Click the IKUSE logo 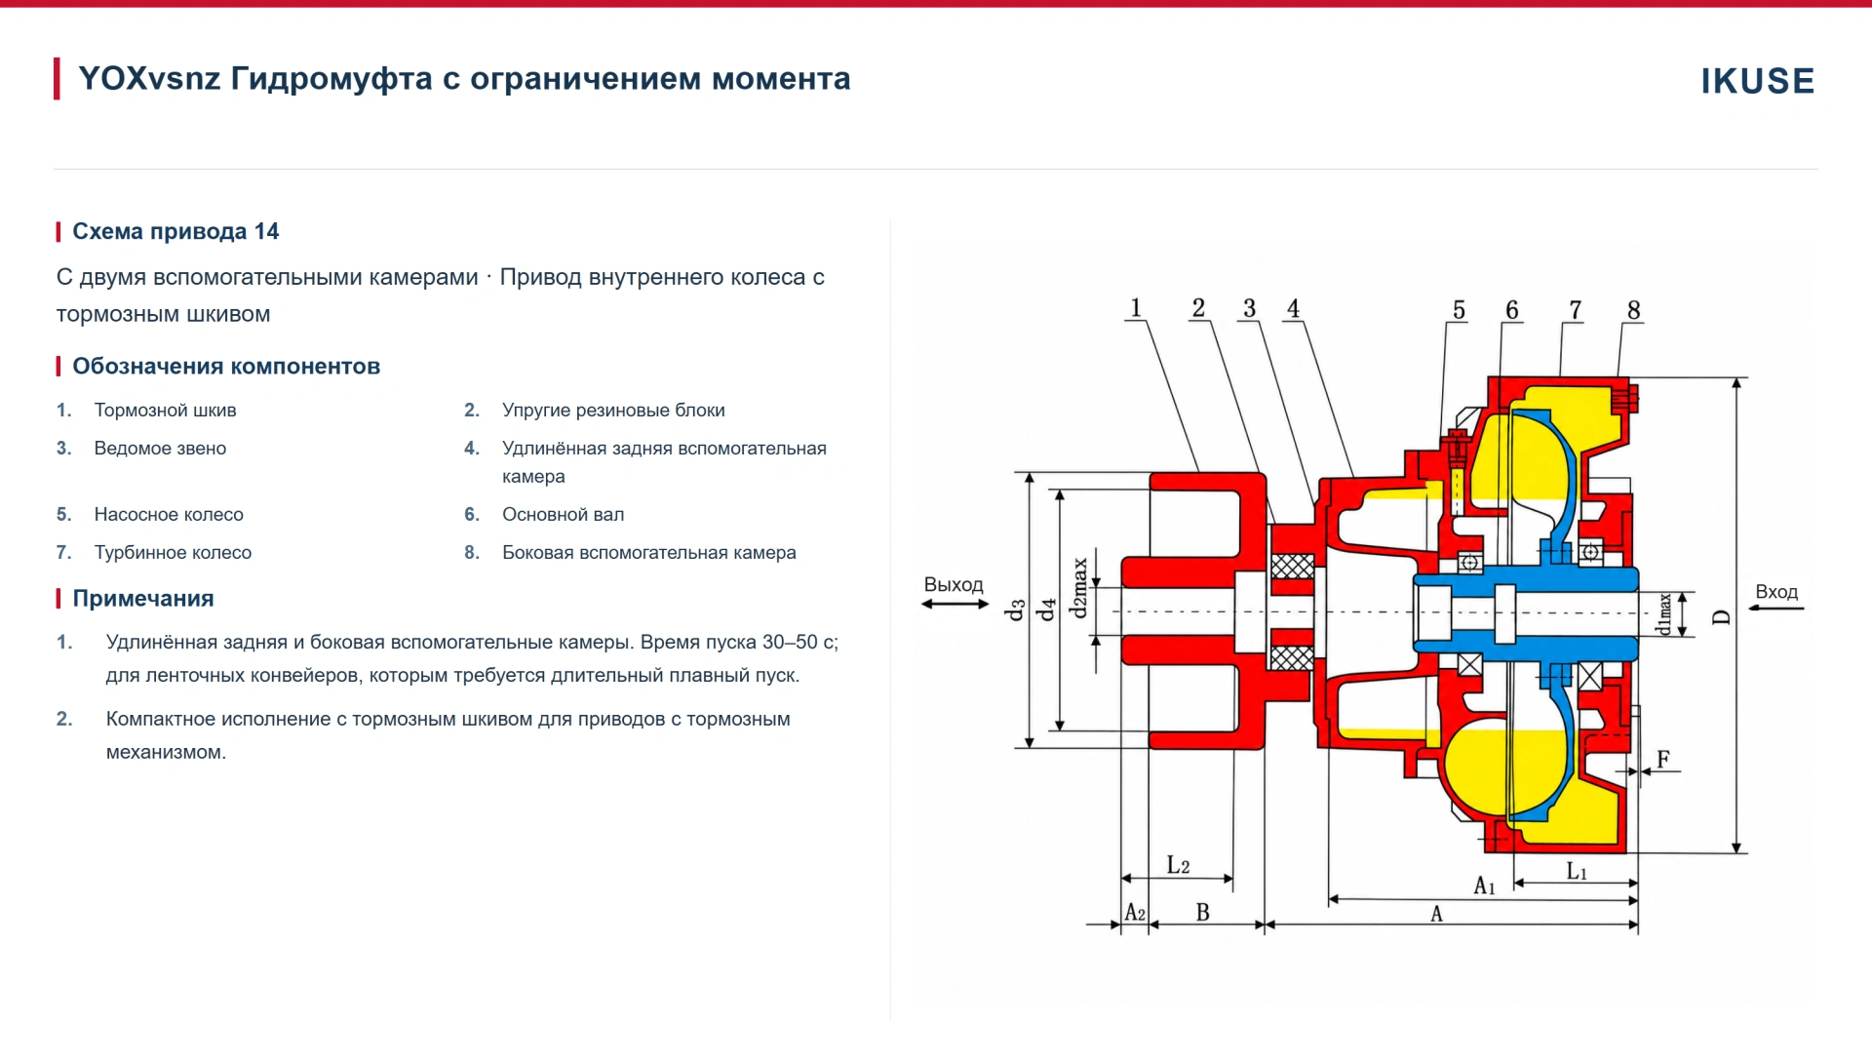pyautogui.click(x=1757, y=81)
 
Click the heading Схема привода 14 pyautogui.click(x=175, y=231)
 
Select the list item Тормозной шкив pyautogui.click(x=165, y=411)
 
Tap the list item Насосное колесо pyautogui.click(x=169, y=515)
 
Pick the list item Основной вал pyautogui.click(x=563, y=515)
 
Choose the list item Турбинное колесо pyautogui.click(x=173, y=553)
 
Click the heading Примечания pyautogui.click(x=143, y=599)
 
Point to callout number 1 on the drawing pyautogui.click(x=1135, y=308)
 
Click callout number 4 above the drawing pyautogui.click(x=1293, y=309)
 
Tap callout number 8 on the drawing pyautogui.click(x=1634, y=310)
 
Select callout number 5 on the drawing pyautogui.click(x=1459, y=310)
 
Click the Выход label pyautogui.click(x=954, y=584)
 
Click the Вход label pyautogui.click(x=1776, y=592)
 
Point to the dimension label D pyautogui.click(x=1722, y=617)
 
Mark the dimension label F pyautogui.click(x=1663, y=759)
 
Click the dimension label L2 pyautogui.click(x=1178, y=866)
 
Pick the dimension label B pyautogui.click(x=1202, y=913)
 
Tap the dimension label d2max pyautogui.click(x=1079, y=588)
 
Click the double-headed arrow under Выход pyautogui.click(x=955, y=605)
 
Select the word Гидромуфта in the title pyautogui.click(x=331, y=79)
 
